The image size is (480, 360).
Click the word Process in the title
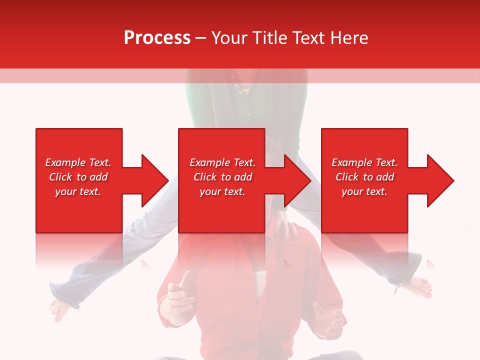click(x=157, y=38)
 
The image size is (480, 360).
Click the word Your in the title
click(x=229, y=38)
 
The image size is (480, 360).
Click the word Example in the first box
click(x=65, y=162)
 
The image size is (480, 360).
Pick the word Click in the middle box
click(x=204, y=177)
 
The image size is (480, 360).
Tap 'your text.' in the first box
click(x=77, y=191)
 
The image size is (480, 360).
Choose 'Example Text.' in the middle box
click(x=222, y=162)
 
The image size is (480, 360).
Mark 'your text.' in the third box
click(x=364, y=191)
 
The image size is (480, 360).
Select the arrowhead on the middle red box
click(x=297, y=180)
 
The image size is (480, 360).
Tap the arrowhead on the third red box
click(x=440, y=180)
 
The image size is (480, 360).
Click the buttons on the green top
click(x=247, y=102)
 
